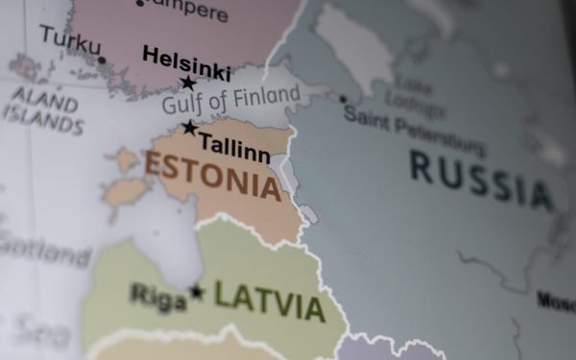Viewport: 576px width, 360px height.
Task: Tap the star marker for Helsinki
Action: point(188,84)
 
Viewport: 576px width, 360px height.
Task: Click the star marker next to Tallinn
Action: point(190,128)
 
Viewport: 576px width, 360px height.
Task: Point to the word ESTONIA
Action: point(212,174)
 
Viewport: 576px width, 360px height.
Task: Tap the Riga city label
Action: point(158,297)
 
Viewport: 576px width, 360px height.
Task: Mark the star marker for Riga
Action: point(197,291)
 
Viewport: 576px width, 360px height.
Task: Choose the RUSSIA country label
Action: point(481,180)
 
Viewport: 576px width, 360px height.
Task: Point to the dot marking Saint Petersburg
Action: point(343,99)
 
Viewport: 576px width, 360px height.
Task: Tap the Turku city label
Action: point(70,40)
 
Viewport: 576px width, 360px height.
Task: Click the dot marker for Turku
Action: point(102,60)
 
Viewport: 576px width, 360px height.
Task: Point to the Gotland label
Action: point(43,252)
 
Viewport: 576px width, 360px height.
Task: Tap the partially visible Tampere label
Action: point(186,10)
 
